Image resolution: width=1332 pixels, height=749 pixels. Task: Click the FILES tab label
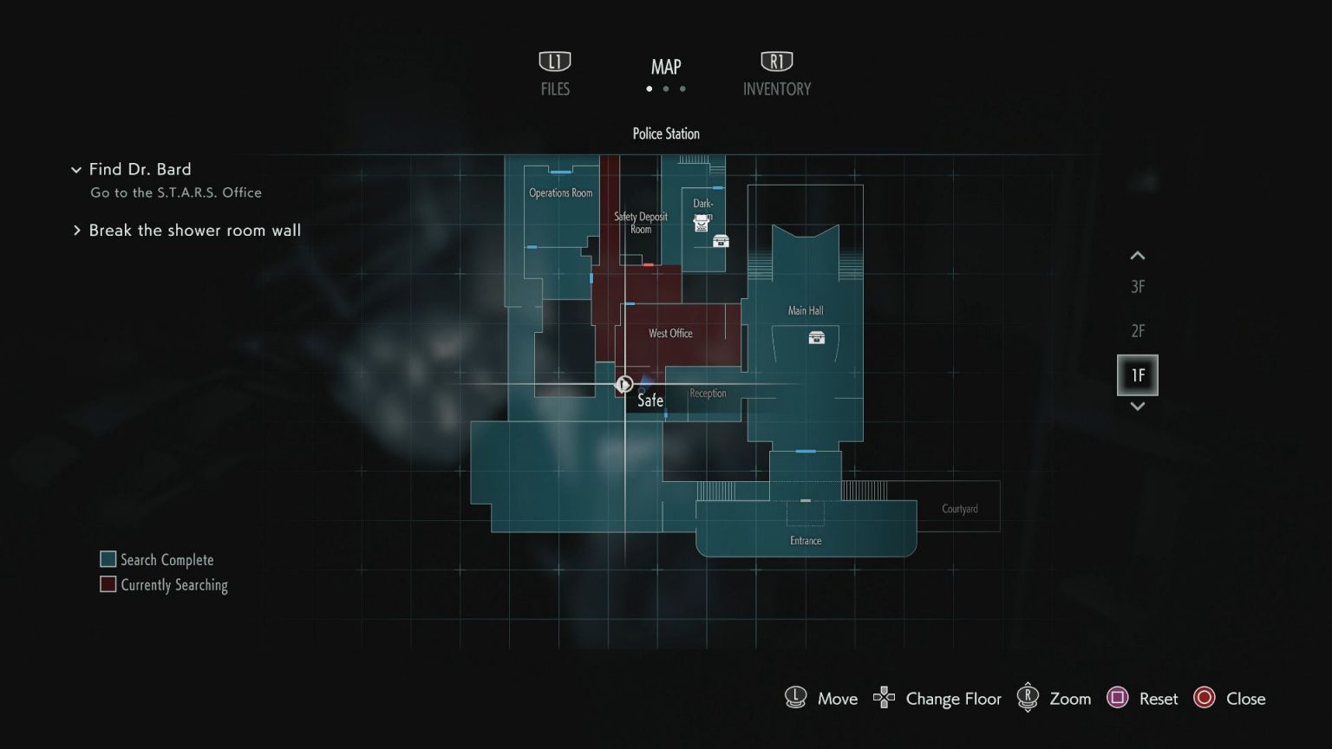click(555, 88)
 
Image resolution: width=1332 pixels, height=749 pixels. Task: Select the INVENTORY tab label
click(776, 88)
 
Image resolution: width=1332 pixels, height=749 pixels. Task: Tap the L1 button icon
click(555, 62)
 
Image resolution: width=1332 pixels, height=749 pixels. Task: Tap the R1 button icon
click(776, 62)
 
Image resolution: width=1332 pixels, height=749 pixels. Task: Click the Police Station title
click(666, 134)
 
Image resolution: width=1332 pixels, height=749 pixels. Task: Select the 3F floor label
click(1138, 287)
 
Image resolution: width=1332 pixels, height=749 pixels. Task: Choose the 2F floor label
click(1138, 331)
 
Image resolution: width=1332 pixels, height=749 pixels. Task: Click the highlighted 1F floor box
click(1138, 375)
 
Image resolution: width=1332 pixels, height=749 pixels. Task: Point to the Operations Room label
click(561, 192)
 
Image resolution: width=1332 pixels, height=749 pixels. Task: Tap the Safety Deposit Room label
click(641, 223)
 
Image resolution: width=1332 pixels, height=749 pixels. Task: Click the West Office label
click(670, 333)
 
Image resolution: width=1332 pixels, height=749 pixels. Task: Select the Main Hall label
click(806, 310)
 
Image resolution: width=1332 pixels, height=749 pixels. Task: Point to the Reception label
click(708, 394)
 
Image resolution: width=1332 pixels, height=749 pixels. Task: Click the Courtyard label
click(960, 509)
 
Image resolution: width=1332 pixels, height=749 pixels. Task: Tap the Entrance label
click(806, 541)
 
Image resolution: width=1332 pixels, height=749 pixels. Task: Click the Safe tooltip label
click(650, 401)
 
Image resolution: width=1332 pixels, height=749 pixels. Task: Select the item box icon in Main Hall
click(816, 337)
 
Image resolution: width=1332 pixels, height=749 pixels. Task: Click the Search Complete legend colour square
click(108, 559)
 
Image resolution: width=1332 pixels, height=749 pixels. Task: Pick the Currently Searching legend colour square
click(108, 584)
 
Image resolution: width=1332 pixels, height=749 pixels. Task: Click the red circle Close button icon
click(1205, 698)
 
